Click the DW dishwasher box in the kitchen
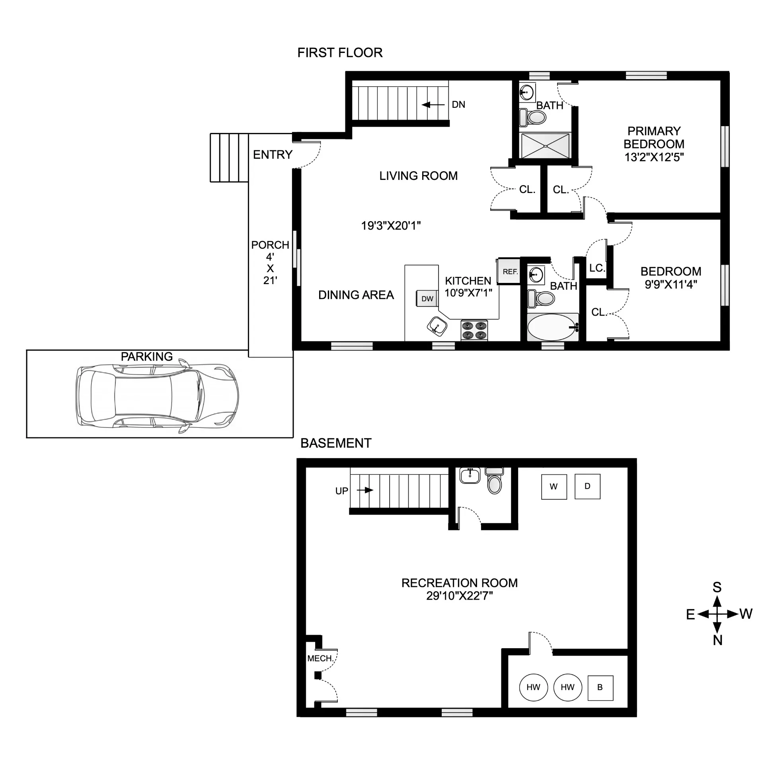pos(427,298)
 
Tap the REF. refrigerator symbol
pos(509,272)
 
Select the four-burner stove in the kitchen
pos(474,330)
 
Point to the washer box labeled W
pos(554,486)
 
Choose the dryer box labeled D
pos(587,486)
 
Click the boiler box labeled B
pos(600,687)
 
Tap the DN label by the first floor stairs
pos(458,105)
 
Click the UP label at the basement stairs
pos(341,491)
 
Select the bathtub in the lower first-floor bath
pos(552,327)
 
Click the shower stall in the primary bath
pos(545,146)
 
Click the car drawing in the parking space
pos(157,396)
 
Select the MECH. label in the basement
pos(320,659)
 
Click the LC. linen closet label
pos(597,268)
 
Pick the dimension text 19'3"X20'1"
pos(391,226)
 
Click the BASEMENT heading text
pos(336,443)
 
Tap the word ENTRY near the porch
pos(273,154)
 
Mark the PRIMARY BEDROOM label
pos(654,138)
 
